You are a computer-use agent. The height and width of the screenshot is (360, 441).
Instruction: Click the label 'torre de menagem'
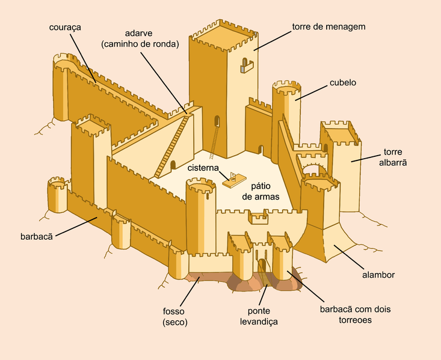click(x=328, y=26)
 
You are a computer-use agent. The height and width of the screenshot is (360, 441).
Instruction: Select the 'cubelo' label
click(x=343, y=82)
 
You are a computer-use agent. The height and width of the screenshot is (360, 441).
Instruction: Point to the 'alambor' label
click(x=378, y=275)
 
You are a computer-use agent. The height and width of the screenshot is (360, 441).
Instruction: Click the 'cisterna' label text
click(x=203, y=168)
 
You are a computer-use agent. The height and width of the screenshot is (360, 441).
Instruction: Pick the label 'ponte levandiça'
click(x=263, y=316)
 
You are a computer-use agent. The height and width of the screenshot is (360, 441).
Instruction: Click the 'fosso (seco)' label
click(x=175, y=316)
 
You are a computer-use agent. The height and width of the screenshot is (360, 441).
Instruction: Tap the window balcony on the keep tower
click(x=244, y=66)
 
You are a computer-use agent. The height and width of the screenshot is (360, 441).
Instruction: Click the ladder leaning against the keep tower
click(x=214, y=138)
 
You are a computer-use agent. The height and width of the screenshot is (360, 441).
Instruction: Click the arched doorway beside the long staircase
click(x=173, y=165)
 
